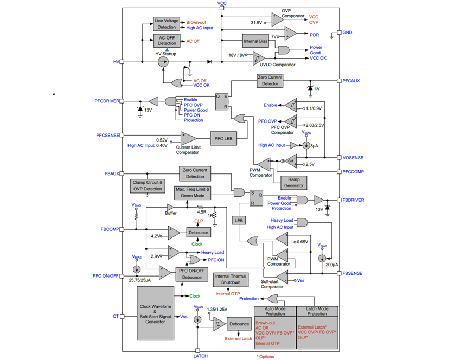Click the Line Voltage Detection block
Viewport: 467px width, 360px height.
tap(167, 23)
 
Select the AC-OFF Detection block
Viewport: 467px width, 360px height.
tap(167, 41)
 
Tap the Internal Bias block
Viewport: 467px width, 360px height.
tap(255, 41)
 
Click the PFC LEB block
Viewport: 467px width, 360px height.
tap(223, 138)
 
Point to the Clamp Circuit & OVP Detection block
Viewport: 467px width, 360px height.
tap(148, 185)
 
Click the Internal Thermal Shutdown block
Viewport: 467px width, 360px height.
tap(232, 280)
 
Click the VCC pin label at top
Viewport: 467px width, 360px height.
tap(222, 4)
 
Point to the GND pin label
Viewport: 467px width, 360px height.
tap(348, 33)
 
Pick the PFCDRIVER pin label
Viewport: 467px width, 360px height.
tap(106, 101)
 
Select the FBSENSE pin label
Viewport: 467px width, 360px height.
tap(353, 273)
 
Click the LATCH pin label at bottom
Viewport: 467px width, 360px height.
tap(200, 356)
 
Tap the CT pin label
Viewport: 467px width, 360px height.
tap(116, 316)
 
